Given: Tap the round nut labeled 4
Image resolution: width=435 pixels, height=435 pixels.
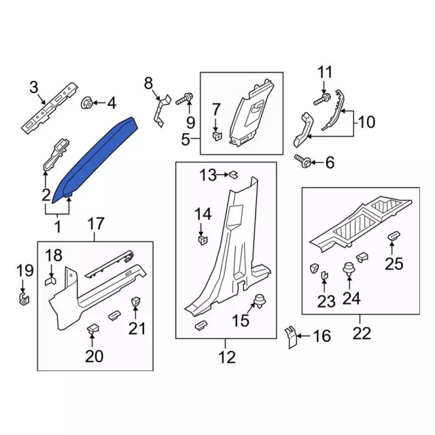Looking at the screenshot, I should pyautogui.click(x=87, y=103).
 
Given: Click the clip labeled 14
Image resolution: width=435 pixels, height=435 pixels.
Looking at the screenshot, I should pyautogui.click(x=202, y=239).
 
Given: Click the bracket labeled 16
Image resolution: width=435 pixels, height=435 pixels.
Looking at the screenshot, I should pyautogui.click(x=290, y=336).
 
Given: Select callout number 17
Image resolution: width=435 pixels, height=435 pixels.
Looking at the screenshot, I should pyautogui.click(x=96, y=222).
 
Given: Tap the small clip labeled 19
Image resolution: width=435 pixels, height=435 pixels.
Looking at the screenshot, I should pyautogui.click(x=24, y=297).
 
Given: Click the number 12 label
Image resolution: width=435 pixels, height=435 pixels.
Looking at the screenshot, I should pyautogui.click(x=226, y=355).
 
